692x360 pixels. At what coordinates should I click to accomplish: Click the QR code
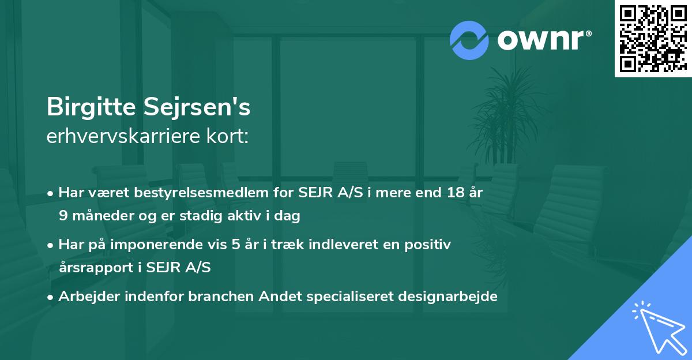(653, 38)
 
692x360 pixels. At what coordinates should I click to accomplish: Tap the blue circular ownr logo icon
(469, 40)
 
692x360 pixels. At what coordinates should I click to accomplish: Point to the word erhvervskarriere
(124, 137)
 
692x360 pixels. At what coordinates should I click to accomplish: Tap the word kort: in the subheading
(229, 137)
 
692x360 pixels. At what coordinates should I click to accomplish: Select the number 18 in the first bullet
(451, 193)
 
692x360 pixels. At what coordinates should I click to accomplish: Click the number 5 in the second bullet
(236, 245)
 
